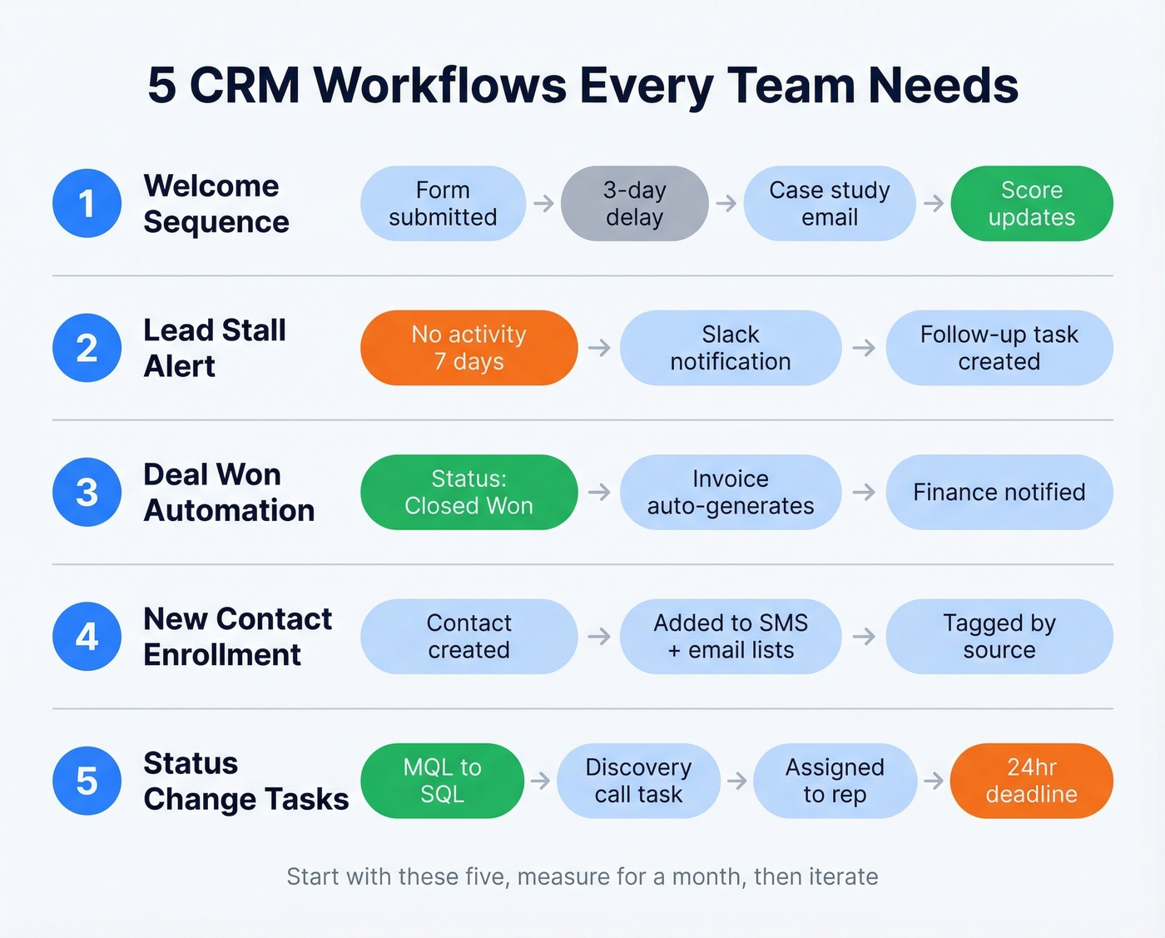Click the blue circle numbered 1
tap(87, 203)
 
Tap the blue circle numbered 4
tap(87, 637)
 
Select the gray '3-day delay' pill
tap(634, 203)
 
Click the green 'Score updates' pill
tap(1031, 203)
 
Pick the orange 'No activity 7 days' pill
tap(468, 348)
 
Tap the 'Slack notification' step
tap(730, 348)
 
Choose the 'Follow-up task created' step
tap(999, 348)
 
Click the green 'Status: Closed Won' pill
tap(468, 492)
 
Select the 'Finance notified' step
tap(999, 492)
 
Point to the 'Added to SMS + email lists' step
tap(730, 637)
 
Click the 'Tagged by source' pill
tap(999, 637)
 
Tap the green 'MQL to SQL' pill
tap(442, 781)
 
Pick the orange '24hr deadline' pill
tap(1031, 781)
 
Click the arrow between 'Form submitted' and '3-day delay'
tap(543, 203)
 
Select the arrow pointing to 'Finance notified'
tap(864, 492)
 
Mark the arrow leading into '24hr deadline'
tap(934, 781)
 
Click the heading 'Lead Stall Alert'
tap(214, 348)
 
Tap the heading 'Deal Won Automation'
tap(229, 492)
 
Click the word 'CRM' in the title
tap(245, 85)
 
